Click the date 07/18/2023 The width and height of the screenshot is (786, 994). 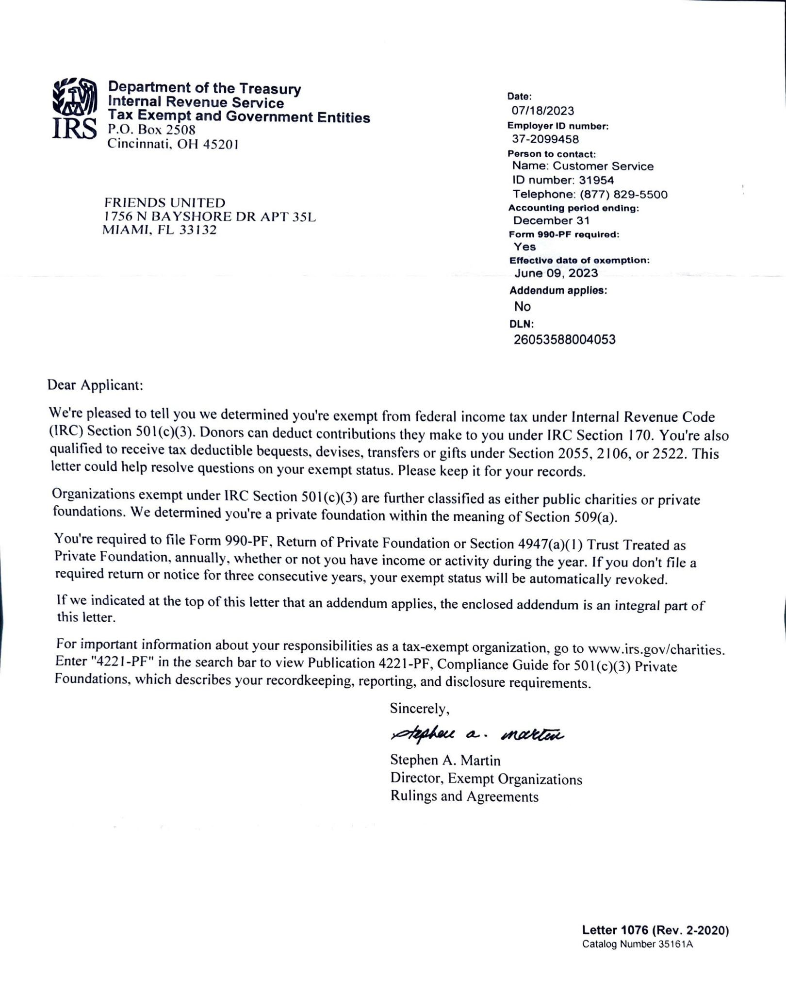pos(542,111)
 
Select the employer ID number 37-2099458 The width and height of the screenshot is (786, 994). pos(545,139)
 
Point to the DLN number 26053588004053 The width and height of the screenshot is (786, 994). pos(564,339)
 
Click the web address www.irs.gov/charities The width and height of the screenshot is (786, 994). pos(655,648)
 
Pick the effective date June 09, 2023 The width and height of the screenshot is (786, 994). pos(556,273)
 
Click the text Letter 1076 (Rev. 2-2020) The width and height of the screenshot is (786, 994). pos(655,930)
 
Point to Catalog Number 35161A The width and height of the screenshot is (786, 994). pos(638,944)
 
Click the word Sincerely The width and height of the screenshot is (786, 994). pos(420,709)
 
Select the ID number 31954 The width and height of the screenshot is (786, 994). pos(596,180)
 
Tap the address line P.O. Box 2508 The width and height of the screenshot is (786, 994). pos(151,130)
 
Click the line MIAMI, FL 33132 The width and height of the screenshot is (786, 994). pos(160,230)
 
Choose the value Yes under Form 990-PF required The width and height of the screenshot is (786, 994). pos(524,247)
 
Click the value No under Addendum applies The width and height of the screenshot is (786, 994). pos(523,306)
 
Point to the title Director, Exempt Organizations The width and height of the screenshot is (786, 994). pos(486,779)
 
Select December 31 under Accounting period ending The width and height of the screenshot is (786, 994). pos(551,220)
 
